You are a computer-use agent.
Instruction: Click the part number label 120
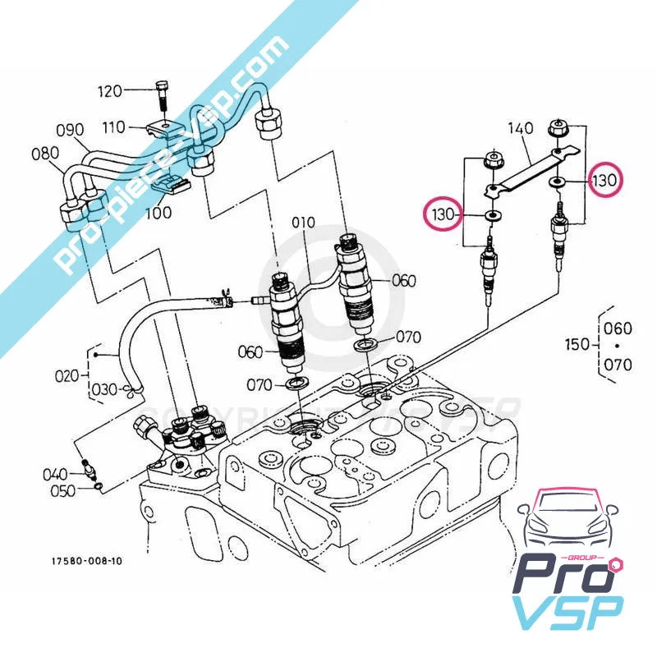click(x=110, y=90)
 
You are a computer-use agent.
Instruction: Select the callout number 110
click(x=114, y=127)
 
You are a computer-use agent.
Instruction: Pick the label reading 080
click(x=45, y=153)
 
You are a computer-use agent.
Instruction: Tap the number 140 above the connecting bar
click(x=520, y=129)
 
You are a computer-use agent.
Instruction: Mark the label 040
click(x=56, y=474)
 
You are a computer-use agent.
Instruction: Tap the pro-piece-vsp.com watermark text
click(x=172, y=140)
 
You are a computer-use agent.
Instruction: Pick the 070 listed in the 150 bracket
click(x=618, y=362)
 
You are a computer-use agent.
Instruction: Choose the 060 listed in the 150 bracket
click(x=618, y=328)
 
